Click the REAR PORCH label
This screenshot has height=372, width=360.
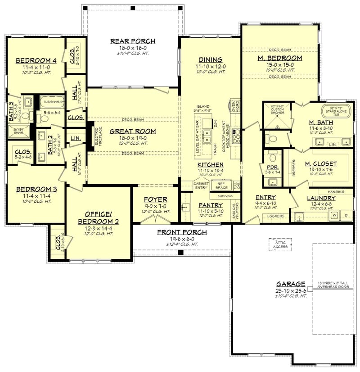pos(133,41)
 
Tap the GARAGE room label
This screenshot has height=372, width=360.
pos(291,284)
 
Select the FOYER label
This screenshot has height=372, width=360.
pos(156,199)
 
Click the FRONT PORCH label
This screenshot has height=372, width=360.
pos(182,232)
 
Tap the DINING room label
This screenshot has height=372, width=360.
pos(210,59)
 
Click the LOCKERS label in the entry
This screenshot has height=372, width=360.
pos(276,216)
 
